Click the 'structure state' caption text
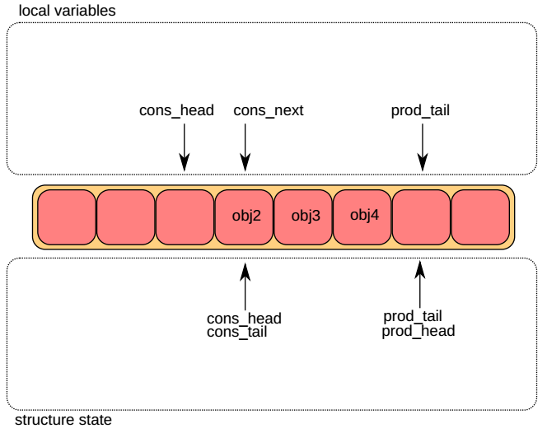(x=63, y=420)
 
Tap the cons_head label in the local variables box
(x=176, y=110)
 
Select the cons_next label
(x=269, y=110)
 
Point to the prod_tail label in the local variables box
(x=420, y=110)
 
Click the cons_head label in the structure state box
(x=244, y=319)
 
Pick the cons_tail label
(x=237, y=333)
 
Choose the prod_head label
(x=418, y=331)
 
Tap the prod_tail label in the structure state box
(x=413, y=316)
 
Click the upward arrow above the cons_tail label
(x=244, y=285)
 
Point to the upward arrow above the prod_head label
(x=421, y=285)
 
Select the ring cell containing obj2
(x=244, y=217)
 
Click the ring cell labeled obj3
(x=302, y=217)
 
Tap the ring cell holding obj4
(x=362, y=217)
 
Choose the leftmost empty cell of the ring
(x=67, y=217)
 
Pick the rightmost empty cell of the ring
(x=480, y=217)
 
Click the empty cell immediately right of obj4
(x=421, y=217)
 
